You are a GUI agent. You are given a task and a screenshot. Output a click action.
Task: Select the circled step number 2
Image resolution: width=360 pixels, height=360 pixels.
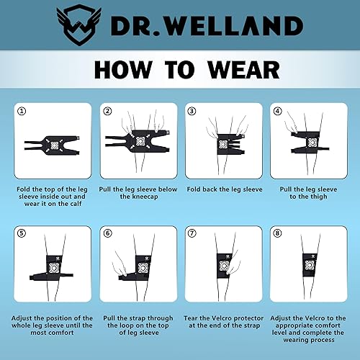point(107,111)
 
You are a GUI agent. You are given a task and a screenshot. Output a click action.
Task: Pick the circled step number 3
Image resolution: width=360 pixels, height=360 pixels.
point(192,111)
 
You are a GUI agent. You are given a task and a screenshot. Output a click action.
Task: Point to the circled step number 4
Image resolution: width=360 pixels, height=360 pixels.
point(277,111)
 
